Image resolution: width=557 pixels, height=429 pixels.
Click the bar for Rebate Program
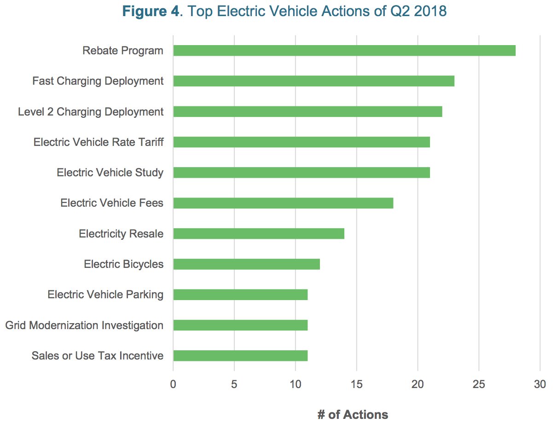(x=344, y=51)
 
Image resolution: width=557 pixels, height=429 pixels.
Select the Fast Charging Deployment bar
(x=314, y=81)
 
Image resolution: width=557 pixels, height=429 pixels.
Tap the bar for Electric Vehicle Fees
(x=283, y=203)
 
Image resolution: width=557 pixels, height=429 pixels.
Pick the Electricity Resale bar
(x=259, y=233)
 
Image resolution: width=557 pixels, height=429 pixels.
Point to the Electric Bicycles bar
(x=247, y=264)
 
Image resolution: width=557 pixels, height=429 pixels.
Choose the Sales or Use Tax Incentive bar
(x=240, y=355)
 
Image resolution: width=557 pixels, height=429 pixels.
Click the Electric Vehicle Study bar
(x=302, y=173)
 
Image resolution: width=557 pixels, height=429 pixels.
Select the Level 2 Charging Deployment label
(x=91, y=112)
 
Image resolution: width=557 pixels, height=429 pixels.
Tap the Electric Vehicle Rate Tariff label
(x=99, y=142)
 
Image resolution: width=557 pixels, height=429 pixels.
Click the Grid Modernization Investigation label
(x=84, y=325)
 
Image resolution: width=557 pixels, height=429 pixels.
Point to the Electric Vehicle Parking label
(x=105, y=295)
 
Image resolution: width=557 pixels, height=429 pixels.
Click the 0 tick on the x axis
(x=173, y=384)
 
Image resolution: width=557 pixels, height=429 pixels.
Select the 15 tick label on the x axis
(x=357, y=384)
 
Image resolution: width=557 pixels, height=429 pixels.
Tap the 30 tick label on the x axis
(x=540, y=384)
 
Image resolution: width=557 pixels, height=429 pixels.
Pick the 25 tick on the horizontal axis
(x=479, y=384)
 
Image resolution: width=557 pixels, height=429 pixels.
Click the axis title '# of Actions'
(x=353, y=414)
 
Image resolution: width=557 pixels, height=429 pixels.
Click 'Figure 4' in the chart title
(x=151, y=12)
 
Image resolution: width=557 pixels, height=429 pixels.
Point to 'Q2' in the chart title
(x=400, y=12)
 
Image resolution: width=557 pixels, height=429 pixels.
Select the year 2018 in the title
(x=430, y=11)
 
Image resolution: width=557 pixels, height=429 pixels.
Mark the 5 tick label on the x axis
(x=234, y=384)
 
